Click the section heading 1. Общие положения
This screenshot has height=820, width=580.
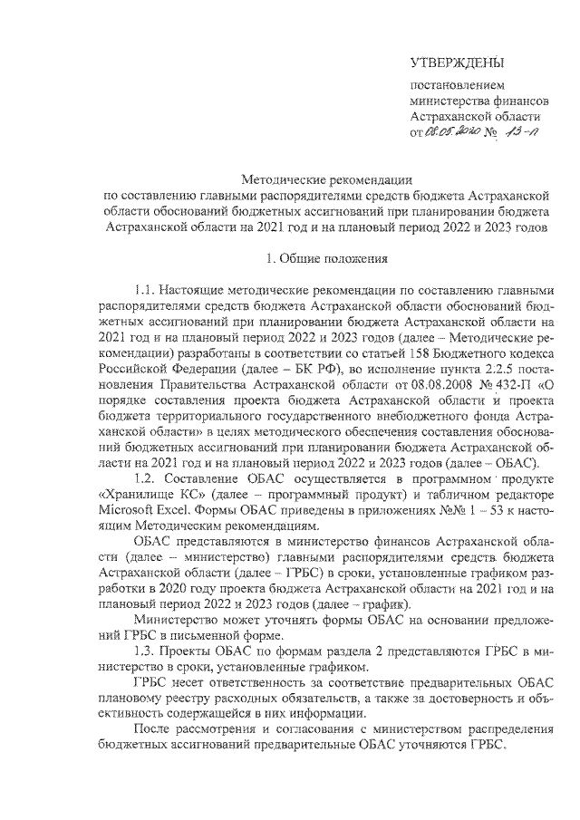point(326,258)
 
